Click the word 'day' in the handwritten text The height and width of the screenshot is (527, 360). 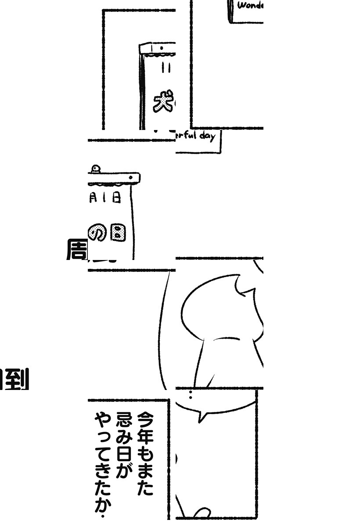207,136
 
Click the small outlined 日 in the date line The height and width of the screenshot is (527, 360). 116,199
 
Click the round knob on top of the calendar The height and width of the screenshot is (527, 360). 95,168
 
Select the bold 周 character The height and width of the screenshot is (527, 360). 76,249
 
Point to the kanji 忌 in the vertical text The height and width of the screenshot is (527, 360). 123,419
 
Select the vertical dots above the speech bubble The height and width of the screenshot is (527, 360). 190,394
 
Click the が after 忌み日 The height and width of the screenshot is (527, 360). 123,472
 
